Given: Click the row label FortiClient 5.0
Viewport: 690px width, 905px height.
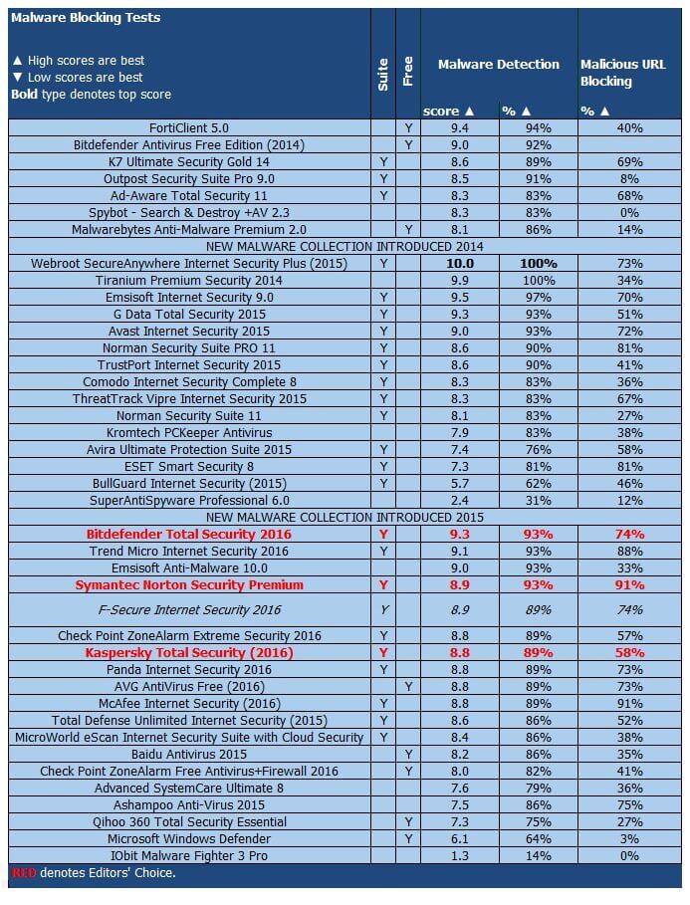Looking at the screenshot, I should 188,127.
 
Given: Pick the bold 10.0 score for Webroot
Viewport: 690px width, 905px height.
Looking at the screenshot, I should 459,263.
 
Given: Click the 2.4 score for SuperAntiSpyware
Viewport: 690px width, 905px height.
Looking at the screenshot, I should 459,500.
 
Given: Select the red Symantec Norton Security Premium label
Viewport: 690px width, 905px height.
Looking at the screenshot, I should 189,584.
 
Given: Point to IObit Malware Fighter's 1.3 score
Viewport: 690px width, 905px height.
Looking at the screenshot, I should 459,855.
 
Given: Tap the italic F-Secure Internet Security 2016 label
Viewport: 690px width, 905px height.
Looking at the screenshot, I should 189,609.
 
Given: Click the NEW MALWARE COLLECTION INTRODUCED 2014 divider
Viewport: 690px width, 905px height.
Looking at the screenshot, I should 345,246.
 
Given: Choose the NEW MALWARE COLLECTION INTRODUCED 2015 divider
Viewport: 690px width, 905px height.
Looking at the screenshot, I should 345,517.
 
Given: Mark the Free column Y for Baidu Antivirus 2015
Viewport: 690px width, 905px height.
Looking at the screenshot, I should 408,754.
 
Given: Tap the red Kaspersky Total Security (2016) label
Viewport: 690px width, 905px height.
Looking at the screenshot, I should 189,652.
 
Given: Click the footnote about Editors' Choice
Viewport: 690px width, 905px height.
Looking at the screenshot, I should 94,873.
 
